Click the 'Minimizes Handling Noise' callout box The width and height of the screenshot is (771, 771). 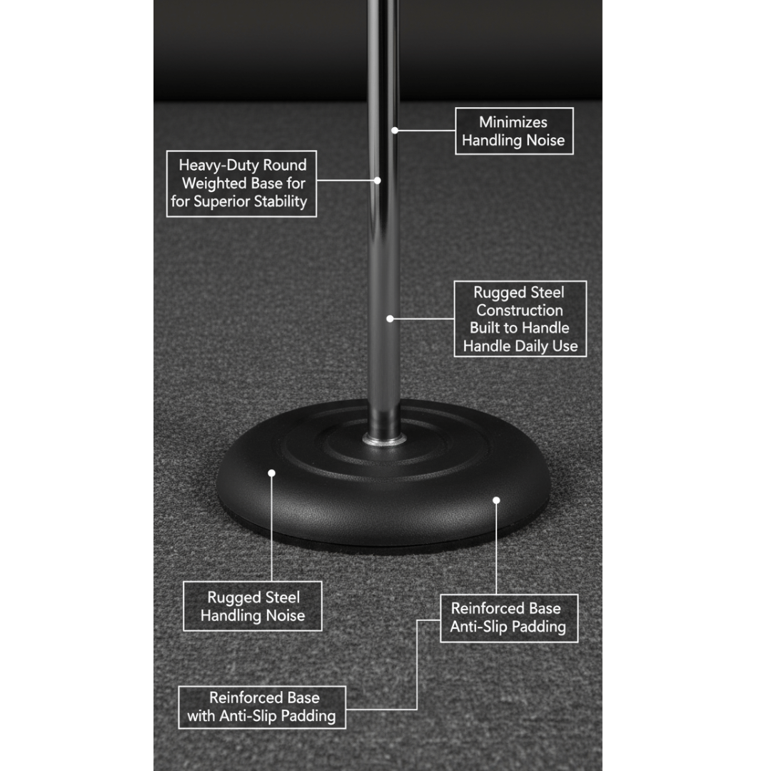[514, 131]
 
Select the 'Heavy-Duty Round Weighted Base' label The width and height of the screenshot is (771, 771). [241, 183]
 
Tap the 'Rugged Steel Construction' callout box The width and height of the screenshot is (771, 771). [520, 318]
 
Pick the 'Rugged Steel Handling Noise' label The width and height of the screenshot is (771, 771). [252, 606]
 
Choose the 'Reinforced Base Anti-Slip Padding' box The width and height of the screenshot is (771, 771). [509, 618]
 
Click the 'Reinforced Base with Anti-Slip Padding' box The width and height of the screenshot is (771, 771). [261, 707]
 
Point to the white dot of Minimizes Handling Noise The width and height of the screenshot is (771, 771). [395, 131]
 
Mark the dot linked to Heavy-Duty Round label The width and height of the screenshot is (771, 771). [377, 181]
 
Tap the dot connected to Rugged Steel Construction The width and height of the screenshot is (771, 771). [390, 318]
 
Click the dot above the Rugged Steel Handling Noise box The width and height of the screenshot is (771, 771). [271, 473]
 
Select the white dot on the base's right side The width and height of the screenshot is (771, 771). [496, 500]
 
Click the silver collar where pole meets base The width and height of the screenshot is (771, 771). [385, 438]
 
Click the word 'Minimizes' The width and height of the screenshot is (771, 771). [513, 122]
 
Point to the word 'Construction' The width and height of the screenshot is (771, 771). [520, 311]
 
